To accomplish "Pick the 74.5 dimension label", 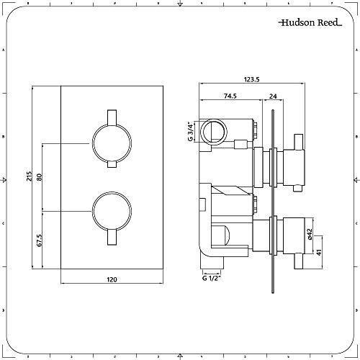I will click(231, 94).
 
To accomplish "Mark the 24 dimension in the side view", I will click(274, 94).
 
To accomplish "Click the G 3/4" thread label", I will click(191, 132).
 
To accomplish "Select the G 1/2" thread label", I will click(211, 279).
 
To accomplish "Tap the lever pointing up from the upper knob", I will click(111, 117).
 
